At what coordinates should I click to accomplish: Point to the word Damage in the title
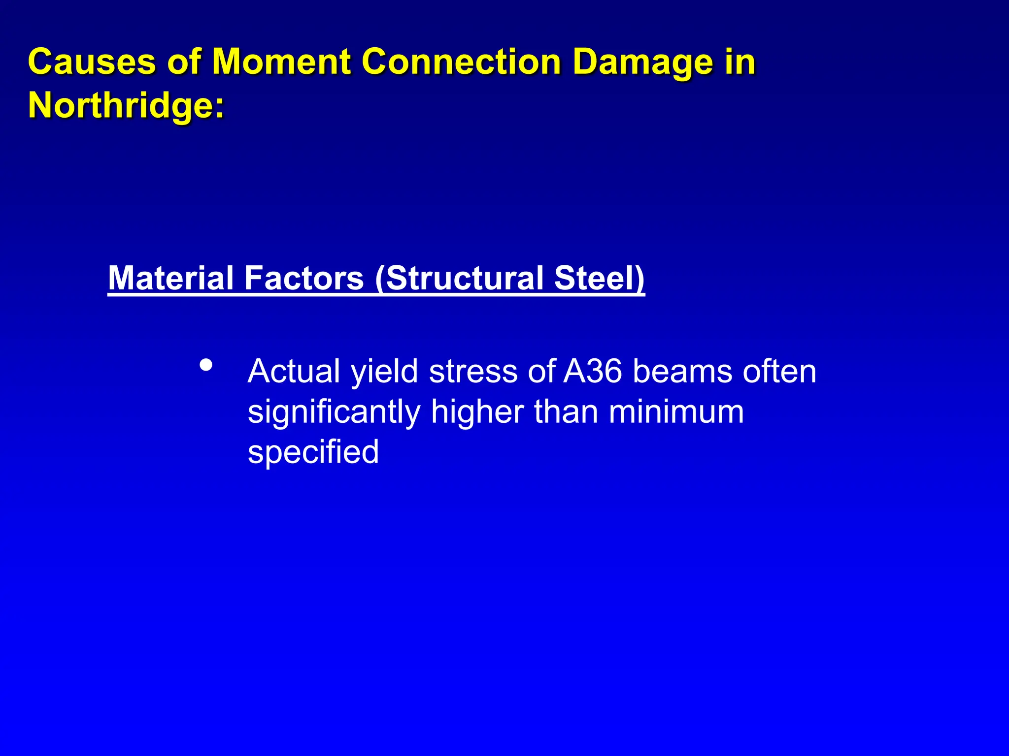pos(643,63)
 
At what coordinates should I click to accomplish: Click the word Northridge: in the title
pos(126,105)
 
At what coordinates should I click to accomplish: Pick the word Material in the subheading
pos(171,278)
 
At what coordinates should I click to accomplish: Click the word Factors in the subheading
pos(303,278)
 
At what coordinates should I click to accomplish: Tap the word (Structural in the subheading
pos(459,279)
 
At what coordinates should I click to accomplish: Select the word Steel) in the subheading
pos(599,278)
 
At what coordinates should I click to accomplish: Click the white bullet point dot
pos(206,365)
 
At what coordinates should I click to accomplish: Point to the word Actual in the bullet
pos(294,371)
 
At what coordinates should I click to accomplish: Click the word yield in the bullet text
pos(384,372)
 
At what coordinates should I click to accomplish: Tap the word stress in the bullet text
pos(473,371)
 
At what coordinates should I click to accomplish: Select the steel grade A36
pos(593,371)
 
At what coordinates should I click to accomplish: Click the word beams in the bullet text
pos(682,371)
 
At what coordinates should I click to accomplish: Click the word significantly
pos(334,412)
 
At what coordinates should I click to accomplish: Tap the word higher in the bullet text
pos(477,412)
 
